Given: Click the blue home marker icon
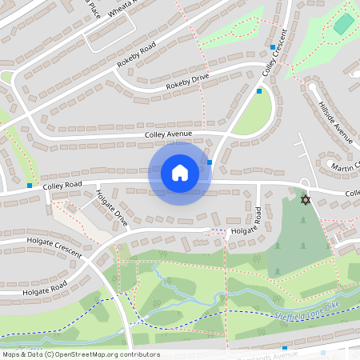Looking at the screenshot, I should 180,173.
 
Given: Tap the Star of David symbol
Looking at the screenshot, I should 304,198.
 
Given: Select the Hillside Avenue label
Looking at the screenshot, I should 335,122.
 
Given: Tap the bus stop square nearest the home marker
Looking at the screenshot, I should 210,162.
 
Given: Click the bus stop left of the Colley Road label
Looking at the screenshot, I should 30,185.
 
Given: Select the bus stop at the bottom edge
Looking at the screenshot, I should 285,348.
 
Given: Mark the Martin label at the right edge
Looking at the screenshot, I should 345,165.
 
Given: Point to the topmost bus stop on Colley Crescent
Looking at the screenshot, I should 273,47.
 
